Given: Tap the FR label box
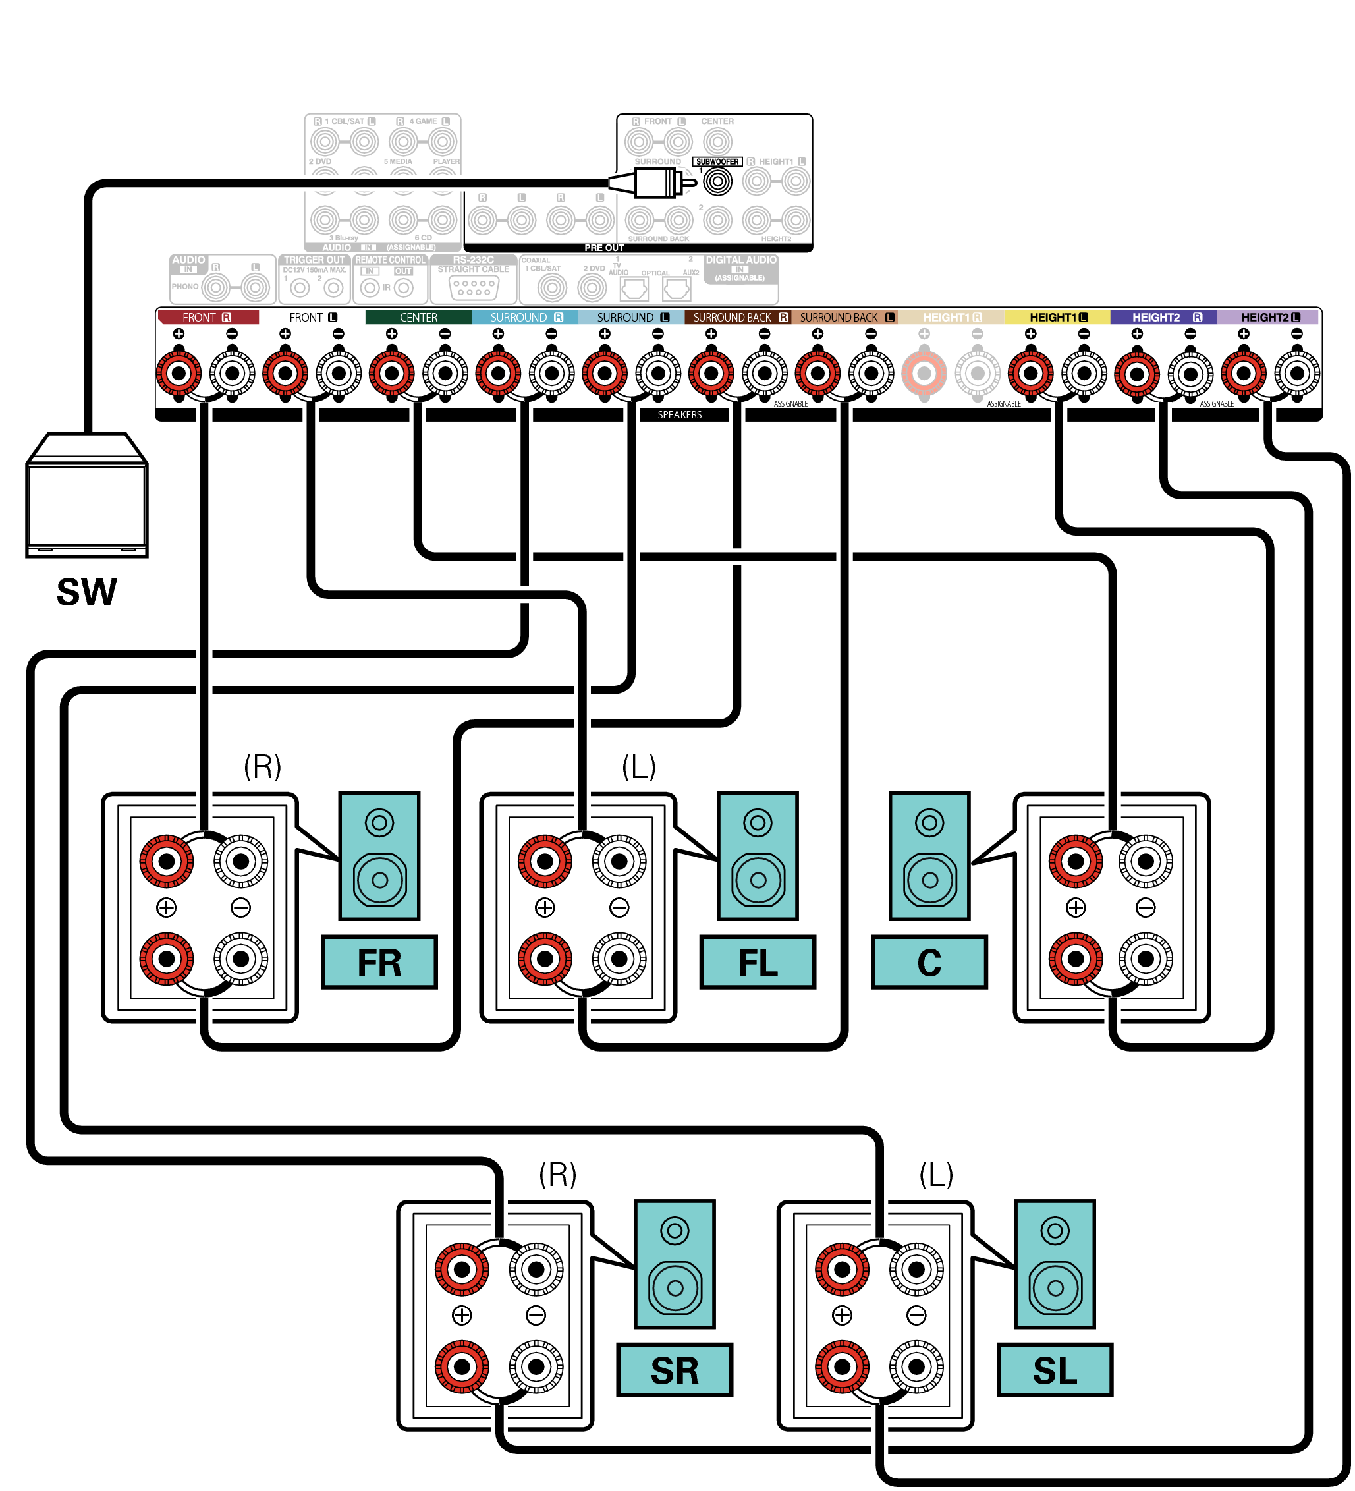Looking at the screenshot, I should pos(379,962).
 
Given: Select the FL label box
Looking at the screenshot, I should pos(758,962).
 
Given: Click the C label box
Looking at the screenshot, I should pos(929,962).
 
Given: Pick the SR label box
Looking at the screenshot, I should pos(674,1370).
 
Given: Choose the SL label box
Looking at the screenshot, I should pos(1055,1370).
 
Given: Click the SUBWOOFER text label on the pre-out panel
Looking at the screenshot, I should pos(717,161).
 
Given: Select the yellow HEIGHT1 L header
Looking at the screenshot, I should pos(1057,318).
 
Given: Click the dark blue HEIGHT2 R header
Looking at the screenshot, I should pos(1163,318).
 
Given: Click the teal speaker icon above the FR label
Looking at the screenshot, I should pos(379,856).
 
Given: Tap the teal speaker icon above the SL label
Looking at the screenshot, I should pos(1055,1264).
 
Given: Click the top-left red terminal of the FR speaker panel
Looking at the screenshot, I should pos(167,862).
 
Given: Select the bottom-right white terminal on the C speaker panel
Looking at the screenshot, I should pos(1145,959).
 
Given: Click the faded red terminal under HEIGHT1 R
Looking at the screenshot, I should pos(924,374).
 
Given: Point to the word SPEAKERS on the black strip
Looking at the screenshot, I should pos(679,415).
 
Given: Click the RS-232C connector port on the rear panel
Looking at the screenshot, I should pos(474,288).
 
